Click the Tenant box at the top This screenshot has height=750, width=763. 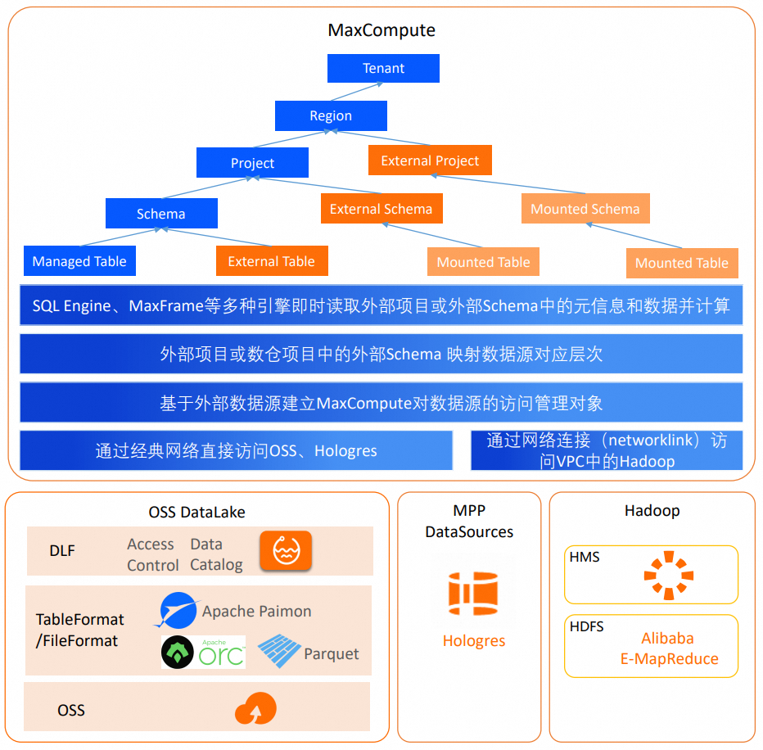coord(383,69)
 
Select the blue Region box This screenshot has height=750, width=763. coord(331,115)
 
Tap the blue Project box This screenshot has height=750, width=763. coord(252,163)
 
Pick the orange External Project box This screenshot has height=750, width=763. coord(430,160)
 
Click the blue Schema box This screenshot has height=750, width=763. coord(161,214)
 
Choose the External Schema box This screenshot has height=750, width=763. coord(381,209)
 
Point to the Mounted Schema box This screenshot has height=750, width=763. coord(585,209)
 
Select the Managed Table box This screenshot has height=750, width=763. coord(79,261)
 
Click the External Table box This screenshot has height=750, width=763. coord(271,261)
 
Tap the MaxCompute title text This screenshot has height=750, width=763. coord(381,30)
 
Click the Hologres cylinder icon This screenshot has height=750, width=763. coord(473,594)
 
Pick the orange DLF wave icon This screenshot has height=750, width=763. coord(286,550)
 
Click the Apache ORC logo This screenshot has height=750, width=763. coord(203,653)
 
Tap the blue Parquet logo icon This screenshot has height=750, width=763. coord(279,652)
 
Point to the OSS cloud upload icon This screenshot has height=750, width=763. coord(255,709)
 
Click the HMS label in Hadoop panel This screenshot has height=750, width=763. coord(585,557)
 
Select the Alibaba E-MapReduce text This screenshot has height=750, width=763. coord(668,648)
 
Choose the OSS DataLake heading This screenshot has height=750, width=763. coord(196,513)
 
